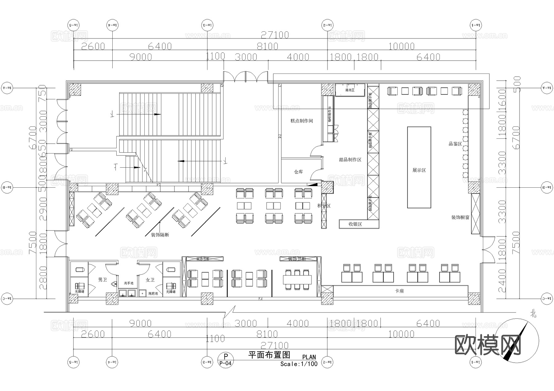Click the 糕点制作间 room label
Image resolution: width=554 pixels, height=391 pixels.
(x=302, y=121)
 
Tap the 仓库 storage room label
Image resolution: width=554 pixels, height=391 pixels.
(x=298, y=172)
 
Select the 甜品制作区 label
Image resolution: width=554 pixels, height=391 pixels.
(x=350, y=160)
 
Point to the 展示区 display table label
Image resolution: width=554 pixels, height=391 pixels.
(x=419, y=170)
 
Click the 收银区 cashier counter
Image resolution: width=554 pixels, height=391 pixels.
(x=355, y=224)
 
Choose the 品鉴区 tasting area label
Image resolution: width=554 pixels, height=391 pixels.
(x=455, y=144)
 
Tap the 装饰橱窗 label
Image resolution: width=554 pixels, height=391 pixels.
(x=460, y=217)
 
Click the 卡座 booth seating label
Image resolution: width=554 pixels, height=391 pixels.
(x=399, y=291)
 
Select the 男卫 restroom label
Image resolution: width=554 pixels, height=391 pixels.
(x=102, y=280)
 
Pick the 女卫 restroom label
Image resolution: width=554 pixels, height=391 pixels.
(x=150, y=280)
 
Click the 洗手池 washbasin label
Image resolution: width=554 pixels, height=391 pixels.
(x=128, y=283)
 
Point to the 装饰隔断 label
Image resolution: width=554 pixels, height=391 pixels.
(x=160, y=235)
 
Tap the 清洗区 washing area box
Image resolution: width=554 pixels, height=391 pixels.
(x=350, y=90)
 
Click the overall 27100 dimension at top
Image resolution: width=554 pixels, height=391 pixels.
(x=275, y=35)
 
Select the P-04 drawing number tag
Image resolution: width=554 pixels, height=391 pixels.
(x=225, y=363)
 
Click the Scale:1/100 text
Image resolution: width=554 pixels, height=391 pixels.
(x=299, y=364)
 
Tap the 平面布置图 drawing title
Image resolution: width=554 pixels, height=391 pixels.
(x=269, y=355)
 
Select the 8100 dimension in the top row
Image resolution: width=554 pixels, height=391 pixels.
(x=267, y=46)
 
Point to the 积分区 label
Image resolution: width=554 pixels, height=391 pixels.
(x=324, y=205)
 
